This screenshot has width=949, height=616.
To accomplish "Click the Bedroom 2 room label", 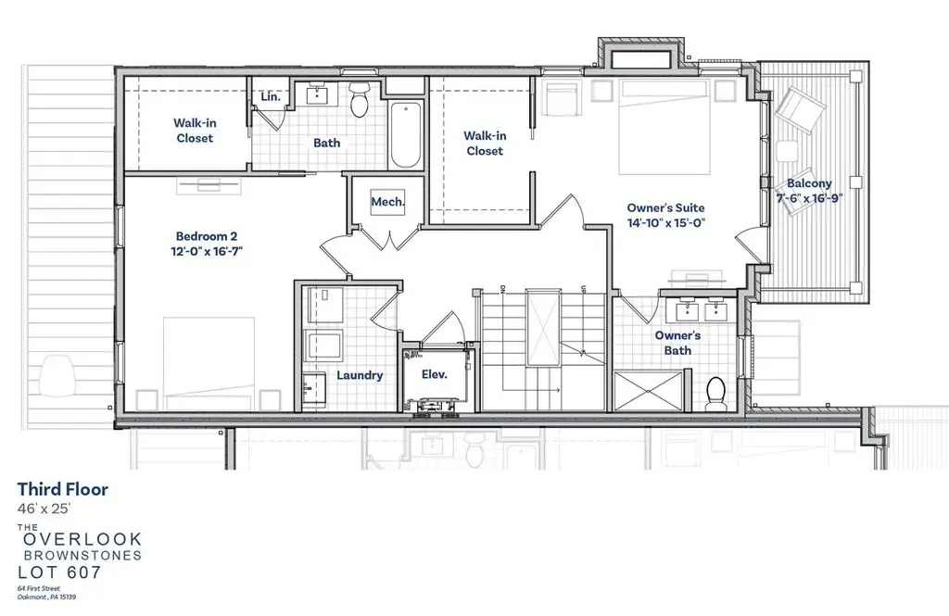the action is (207, 236).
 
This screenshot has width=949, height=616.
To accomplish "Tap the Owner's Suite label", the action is (665, 207).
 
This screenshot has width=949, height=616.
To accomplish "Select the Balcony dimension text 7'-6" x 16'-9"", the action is (809, 198).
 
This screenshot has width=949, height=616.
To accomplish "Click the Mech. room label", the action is (388, 202).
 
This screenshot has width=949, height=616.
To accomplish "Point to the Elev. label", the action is (434, 374).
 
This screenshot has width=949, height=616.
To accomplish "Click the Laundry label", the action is (360, 375).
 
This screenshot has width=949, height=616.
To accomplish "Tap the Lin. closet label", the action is (271, 96).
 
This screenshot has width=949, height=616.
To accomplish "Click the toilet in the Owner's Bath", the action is (716, 394).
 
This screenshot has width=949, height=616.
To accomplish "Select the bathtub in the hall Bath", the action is (406, 135).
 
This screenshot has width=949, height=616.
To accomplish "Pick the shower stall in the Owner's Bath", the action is (648, 392).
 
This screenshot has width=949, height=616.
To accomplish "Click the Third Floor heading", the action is (62, 489).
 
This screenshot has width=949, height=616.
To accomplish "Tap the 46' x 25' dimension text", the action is (44, 509).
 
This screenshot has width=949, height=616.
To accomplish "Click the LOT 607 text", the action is (59, 572).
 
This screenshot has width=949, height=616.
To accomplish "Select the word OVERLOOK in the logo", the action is (82, 538).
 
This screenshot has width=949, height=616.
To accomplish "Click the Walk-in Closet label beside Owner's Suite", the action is (485, 144).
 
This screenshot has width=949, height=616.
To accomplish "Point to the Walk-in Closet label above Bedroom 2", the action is (195, 130).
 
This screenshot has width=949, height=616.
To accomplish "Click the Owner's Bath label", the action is (677, 343).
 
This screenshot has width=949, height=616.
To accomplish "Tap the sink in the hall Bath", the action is (317, 94).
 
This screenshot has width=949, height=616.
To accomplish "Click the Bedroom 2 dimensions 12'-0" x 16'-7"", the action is (207, 251).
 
